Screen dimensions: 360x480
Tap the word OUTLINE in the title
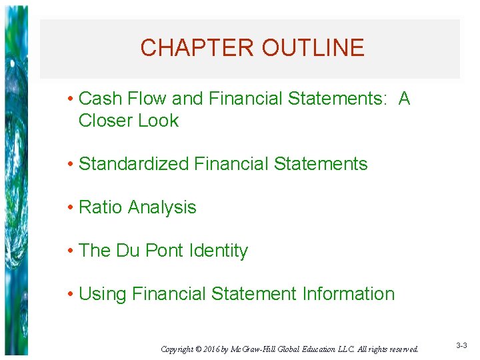[x=313, y=48]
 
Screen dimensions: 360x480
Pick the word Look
[x=160, y=121]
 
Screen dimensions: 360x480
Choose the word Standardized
[x=134, y=164]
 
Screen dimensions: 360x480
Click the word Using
[x=103, y=294]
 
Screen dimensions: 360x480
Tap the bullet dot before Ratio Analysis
[x=70, y=208]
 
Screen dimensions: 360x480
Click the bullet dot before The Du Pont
[x=70, y=251]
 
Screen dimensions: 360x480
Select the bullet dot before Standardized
[x=70, y=165]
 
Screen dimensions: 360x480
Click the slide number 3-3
[x=461, y=345]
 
